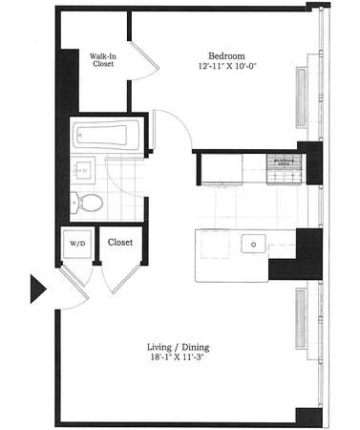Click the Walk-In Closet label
tap(103, 61)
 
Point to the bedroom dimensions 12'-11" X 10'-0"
tap(229, 66)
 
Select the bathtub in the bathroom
tap(106, 135)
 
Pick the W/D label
tap(76, 243)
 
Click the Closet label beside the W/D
tap(121, 243)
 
